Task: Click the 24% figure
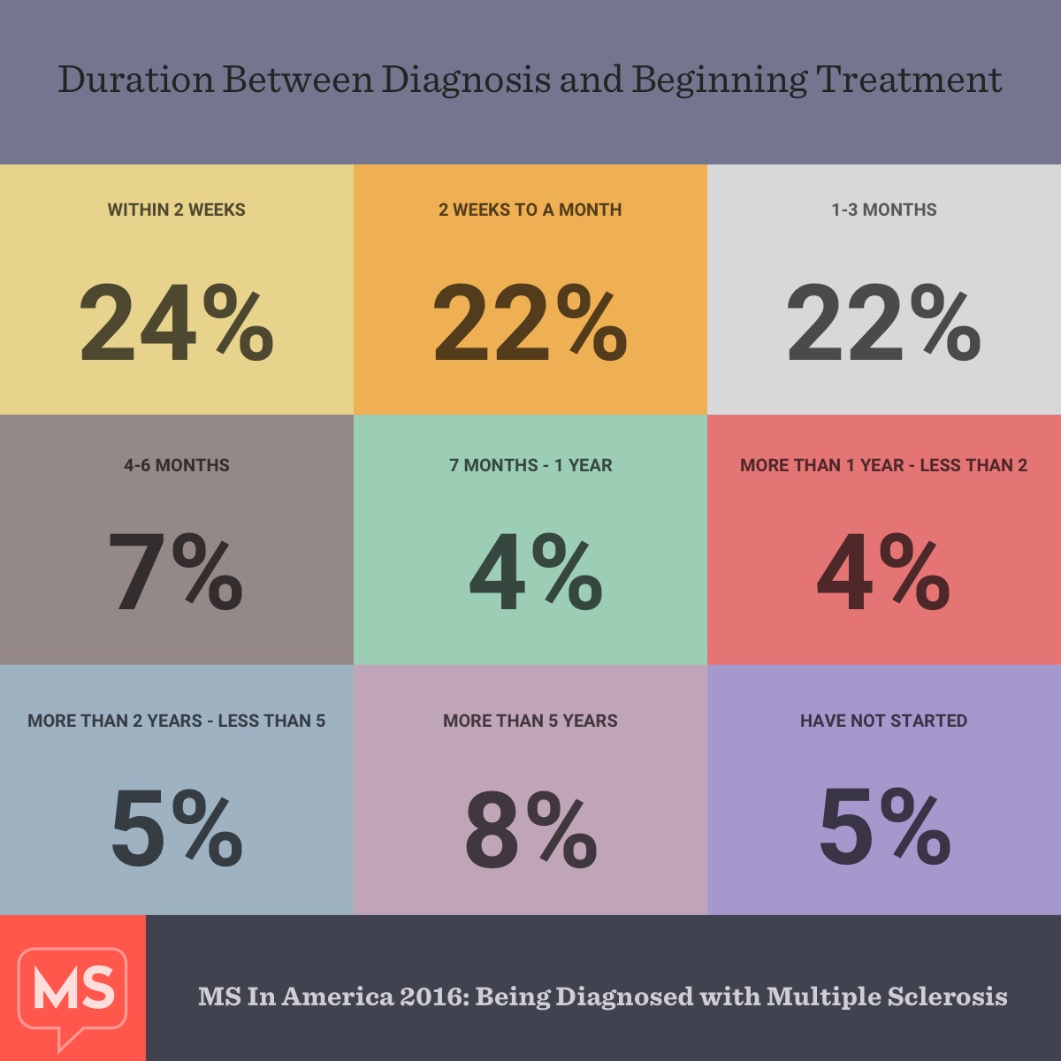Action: coord(177,323)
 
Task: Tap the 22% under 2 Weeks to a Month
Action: coord(530,323)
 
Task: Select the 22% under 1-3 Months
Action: coord(884,323)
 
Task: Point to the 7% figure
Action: coord(176,572)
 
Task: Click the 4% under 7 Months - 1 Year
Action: coord(536,572)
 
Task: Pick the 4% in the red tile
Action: coord(883,572)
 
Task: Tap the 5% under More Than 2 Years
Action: coord(177,828)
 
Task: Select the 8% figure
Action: coord(530,828)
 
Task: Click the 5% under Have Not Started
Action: coord(884,828)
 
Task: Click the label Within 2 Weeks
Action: coord(177,210)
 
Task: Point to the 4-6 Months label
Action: coord(177,466)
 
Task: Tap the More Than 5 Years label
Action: coord(530,721)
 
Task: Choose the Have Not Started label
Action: coord(884,721)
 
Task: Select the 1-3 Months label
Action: coord(884,210)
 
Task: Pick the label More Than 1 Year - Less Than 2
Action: coord(884,466)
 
